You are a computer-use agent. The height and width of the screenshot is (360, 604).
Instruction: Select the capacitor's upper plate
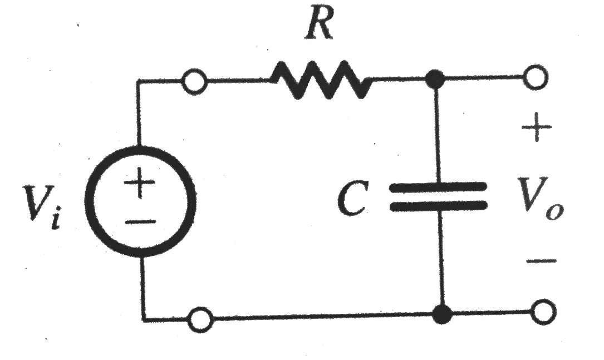438,186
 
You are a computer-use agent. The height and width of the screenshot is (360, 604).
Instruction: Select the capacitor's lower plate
438,206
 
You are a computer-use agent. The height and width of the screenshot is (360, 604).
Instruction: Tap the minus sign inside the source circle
141,222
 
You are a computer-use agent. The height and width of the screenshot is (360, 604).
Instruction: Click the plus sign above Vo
537,131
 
